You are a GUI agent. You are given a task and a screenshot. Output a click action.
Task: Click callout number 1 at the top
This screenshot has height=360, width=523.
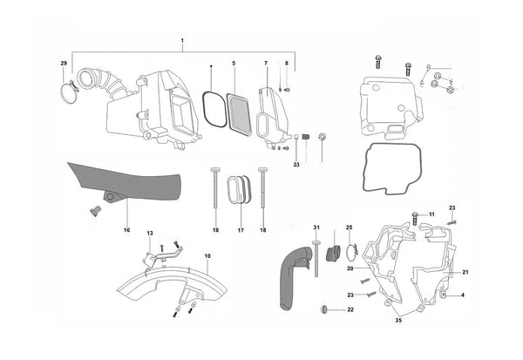[182, 41]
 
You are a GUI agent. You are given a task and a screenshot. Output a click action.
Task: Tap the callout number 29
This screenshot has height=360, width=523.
[63, 64]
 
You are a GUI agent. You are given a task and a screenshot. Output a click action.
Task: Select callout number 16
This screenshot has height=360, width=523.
[126, 230]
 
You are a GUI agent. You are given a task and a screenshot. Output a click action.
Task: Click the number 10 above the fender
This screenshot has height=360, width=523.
[207, 255]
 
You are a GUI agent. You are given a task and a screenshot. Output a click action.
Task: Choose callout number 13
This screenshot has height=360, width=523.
[149, 234]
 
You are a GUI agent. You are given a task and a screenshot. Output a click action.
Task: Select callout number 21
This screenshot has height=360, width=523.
[465, 273]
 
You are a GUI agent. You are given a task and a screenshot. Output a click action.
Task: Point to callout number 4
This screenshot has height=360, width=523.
[462, 296]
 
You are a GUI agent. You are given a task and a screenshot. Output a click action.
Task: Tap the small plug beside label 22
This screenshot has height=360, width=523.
[324, 309]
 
